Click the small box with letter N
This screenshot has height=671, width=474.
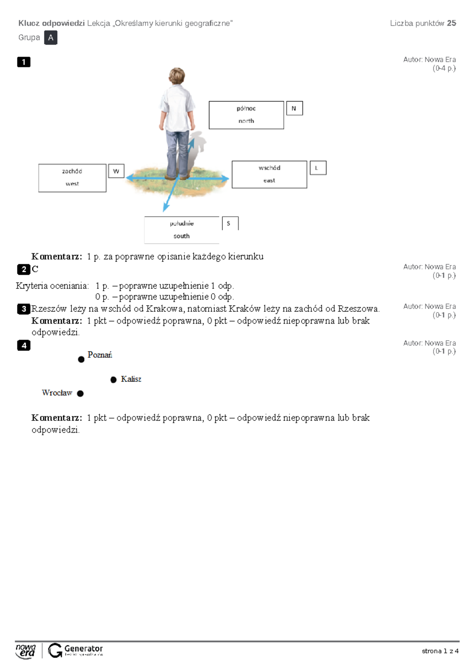point(294,108)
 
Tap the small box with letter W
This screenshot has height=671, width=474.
point(116,171)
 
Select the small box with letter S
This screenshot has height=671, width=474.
point(230,223)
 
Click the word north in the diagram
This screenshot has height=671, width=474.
point(246,121)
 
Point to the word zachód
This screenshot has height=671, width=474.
point(72,171)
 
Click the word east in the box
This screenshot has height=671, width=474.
point(269,181)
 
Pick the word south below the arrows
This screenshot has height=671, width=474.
point(181,236)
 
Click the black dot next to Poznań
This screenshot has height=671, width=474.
point(81,359)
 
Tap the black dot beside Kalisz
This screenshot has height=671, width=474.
point(113,380)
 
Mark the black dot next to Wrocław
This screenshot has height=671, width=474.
point(80,394)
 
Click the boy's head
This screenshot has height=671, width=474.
point(177,76)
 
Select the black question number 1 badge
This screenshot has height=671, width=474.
point(24,62)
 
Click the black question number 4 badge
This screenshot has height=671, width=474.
point(24,345)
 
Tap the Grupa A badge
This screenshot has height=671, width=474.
point(51,38)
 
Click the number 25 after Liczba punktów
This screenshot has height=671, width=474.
point(451,23)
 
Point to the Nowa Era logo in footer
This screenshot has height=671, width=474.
point(26,651)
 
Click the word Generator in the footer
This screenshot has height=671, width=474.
point(83,648)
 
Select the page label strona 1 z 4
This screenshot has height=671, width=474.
point(440,651)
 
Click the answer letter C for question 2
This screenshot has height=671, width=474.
point(35,269)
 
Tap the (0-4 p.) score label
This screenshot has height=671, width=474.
point(444,68)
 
